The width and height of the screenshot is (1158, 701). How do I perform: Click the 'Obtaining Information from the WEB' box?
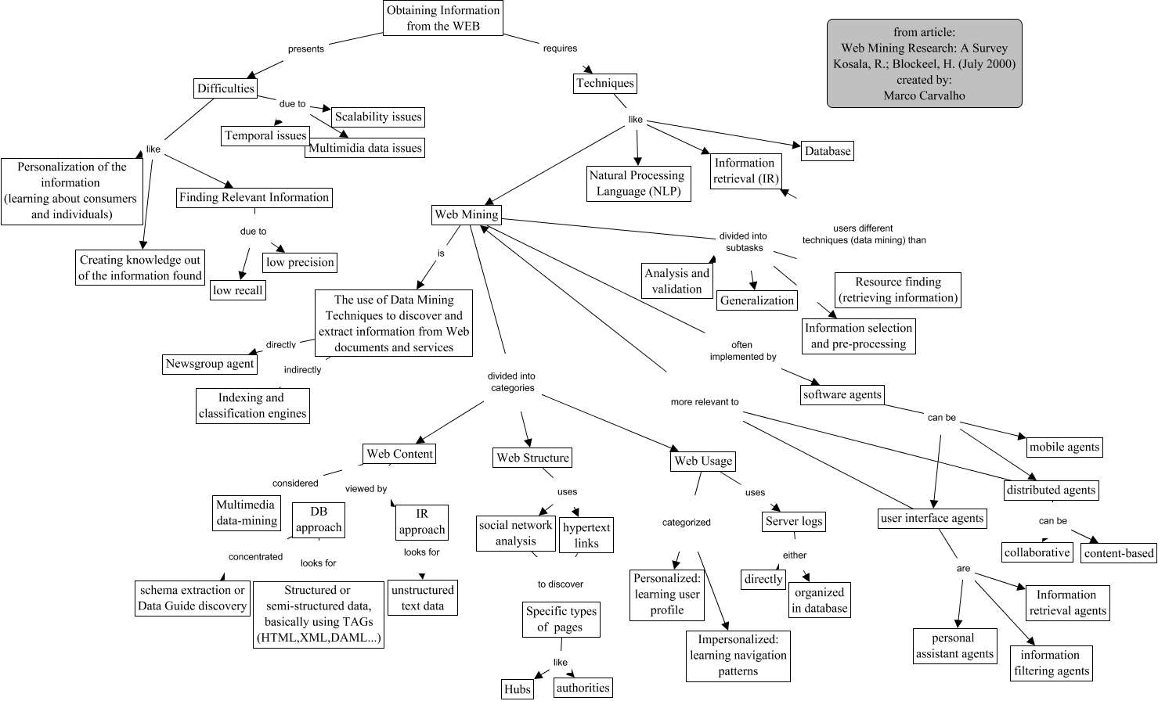tap(442, 18)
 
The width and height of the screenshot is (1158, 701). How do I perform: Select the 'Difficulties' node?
tap(225, 88)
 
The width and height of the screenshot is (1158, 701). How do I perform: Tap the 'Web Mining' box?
tap(467, 214)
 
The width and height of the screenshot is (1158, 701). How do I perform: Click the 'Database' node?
tap(827, 151)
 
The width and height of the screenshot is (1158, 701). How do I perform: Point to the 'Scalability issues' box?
tap(378, 117)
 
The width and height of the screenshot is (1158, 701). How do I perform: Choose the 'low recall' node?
tap(238, 290)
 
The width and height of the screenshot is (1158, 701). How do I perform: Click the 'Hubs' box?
tap(518, 688)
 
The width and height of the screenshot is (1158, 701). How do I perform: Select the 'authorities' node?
tap(583, 688)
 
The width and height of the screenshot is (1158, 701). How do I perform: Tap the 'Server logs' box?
tap(794, 521)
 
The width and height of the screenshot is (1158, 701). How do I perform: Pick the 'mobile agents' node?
tap(1064, 447)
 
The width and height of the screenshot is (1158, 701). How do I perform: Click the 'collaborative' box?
tap(1037, 552)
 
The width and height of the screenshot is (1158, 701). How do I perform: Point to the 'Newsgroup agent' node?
tap(210, 364)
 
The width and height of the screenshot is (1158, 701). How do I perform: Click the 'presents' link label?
tap(305, 49)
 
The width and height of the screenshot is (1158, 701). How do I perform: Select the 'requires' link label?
tap(560, 48)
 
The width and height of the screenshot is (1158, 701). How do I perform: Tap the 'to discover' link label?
tap(560, 584)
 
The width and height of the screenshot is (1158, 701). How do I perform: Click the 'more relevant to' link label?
tap(705, 401)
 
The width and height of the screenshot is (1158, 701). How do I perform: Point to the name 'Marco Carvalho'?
tap(924, 95)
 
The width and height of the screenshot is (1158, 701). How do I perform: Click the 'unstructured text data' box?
tap(422, 598)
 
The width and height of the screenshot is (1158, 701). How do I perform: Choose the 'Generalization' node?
tap(756, 300)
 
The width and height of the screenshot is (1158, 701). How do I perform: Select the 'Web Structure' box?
tap(532, 458)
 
